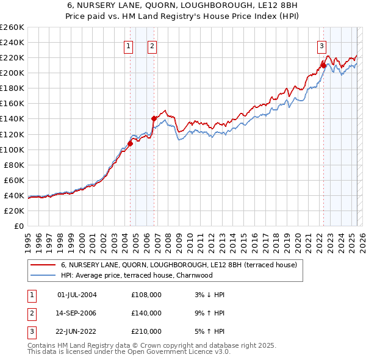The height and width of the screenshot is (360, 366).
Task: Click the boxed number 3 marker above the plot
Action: [x=321, y=45]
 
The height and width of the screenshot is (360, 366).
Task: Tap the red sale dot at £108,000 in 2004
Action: [x=130, y=144]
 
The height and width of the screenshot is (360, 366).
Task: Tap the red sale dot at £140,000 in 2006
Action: [x=154, y=118]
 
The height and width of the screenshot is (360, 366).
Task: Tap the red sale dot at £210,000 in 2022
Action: [x=323, y=65]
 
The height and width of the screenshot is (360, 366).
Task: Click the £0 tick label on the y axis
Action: [x=19, y=226]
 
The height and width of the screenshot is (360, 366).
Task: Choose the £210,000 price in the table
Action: [x=146, y=331]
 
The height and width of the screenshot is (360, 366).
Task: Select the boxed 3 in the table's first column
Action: [x=30, y=331]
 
